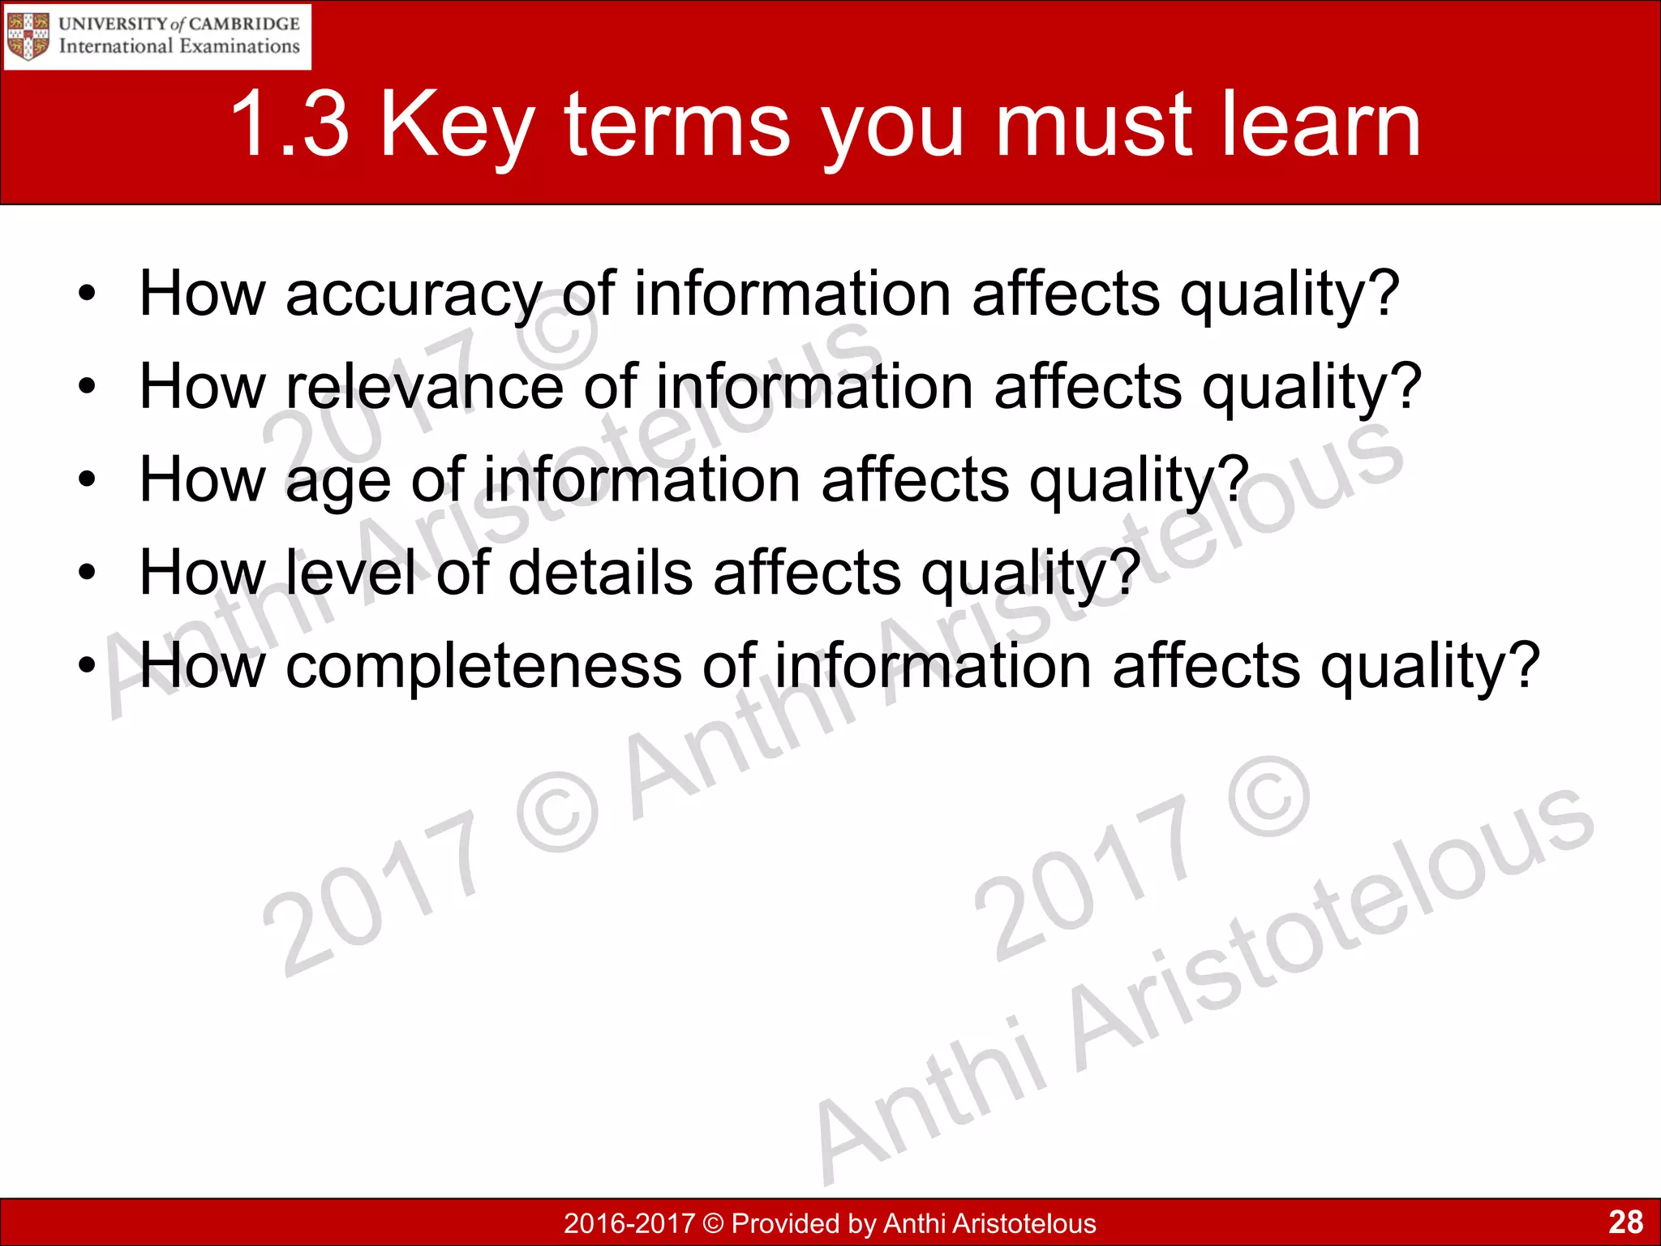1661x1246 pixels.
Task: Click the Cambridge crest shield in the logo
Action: [x=28, y=36]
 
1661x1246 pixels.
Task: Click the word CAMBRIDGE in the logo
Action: [x=244, y=24]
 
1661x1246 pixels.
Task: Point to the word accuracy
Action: [x=413, y=294]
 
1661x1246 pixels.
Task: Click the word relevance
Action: [x=424, y=386]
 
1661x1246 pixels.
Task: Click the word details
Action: [x=600, y=573]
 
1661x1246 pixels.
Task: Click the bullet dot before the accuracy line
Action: [x=87, y=294]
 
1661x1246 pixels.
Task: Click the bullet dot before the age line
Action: [x=87, y=480]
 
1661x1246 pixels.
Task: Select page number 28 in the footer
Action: [x=1625, y=1222]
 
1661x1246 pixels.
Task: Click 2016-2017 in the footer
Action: [x=629, y=1223]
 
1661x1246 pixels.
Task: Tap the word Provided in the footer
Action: [x=783, y=1223]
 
